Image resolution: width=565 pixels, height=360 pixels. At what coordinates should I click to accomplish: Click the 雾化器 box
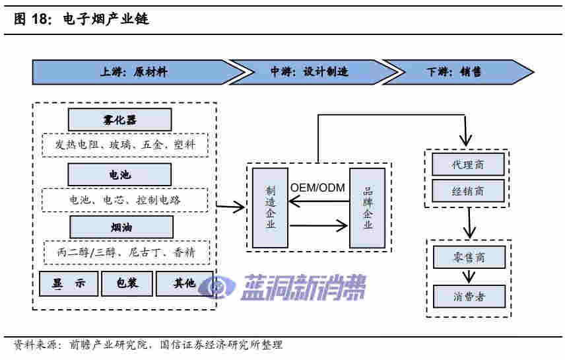click(119, 120)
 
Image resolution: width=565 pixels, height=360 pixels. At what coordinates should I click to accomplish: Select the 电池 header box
click(119, 174)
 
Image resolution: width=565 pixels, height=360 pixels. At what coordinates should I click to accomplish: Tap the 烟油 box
click(119, 228)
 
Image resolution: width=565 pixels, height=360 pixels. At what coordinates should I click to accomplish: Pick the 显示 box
click(69, 283)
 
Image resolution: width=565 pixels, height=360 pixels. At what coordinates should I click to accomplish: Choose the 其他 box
click(184, 283)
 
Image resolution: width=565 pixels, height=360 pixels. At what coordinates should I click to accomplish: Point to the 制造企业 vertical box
click(271, 207)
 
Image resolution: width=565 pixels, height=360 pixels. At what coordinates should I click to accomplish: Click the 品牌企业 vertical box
click(367, 207)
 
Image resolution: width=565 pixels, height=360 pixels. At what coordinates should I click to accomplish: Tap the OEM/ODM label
click(318, 188)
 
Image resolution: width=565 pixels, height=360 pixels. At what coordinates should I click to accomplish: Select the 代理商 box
click(468, 164)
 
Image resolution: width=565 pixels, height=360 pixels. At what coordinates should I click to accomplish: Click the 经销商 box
click(468, 191)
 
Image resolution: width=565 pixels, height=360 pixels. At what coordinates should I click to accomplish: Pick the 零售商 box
click(469, 257)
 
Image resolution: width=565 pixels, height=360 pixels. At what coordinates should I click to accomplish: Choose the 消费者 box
click(469, 297)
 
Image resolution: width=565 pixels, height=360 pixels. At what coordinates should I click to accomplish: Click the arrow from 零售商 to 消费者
click(469, 277)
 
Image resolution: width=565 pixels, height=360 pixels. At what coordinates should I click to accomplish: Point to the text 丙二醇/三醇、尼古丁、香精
click(125, 253)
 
